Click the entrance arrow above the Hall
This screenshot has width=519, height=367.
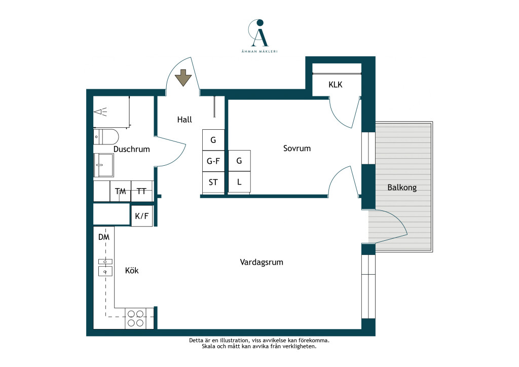pyautogui.click(x=183, y=78)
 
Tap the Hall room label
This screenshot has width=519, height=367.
pyautogui.click(x=184, y=120)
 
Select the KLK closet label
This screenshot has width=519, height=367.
pyautogui.click(x=336, y=85)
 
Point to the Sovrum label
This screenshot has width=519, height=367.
pyautogui.click(x=297, y=148)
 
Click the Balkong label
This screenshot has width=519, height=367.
pyautogui.click(x=402, y=188)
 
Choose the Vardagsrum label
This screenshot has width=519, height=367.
pyautogui.click(x=262, y=263)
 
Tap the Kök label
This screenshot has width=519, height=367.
pyautogui.click(x=132, y=270)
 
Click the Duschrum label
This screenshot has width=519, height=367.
pyautogui.click(x=131, y=149)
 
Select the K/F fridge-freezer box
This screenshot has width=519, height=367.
pyautogui.click(x=142, y=216)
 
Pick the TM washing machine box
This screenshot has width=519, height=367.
pyautogui.click(x=121, y=191)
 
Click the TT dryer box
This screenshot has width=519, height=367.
pyautogui.click(x=142, y=191)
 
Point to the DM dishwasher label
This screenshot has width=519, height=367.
pyautogui.click(x=104, y=237)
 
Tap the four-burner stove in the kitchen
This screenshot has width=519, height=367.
pyautogui.click(x=136, y=318)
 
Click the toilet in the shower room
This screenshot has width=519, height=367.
pyautogui.click(x=106, y=137)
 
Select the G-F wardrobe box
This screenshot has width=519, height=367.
pyautogui.click(x=213, y=161)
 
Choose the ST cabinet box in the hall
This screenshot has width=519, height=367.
pyautogui.click(x=213, y=182)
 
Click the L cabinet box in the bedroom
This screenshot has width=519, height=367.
pyautogui.click(x=239, y=182)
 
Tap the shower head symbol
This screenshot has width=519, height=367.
pyautogui.click(x=101, y=112)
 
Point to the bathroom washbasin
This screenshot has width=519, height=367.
pyautogui.click(x=103, y=165)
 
